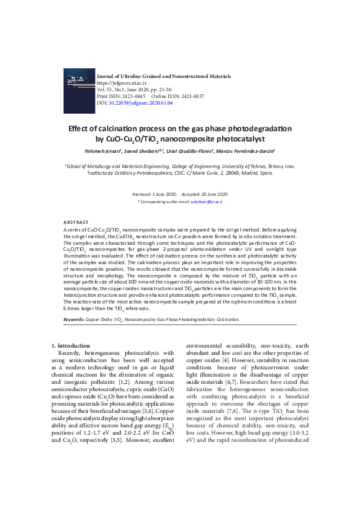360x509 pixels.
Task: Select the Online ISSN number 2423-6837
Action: [x=191, y=96]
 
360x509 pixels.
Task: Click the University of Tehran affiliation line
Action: [x=180, y=165]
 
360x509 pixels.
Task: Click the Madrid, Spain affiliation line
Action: [x=180, y=172]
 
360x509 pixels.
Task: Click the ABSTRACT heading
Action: [x=76, y=223]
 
